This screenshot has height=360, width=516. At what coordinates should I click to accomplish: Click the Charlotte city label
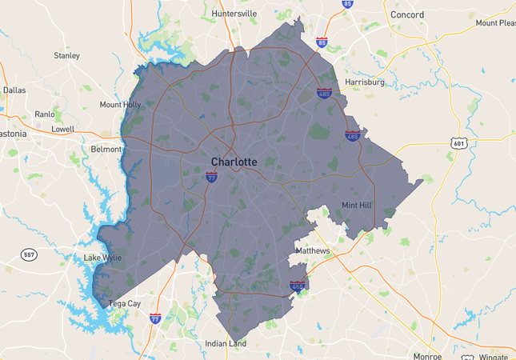[234, 162]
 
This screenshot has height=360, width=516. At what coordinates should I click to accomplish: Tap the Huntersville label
[234, 14]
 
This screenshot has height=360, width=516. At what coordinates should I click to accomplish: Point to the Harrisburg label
[365, 82]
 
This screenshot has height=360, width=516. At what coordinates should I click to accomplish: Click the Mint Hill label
[357, 206]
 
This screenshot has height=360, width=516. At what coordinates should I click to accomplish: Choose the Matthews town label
[312, 250]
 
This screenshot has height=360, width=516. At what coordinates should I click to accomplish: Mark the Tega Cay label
[124, 303]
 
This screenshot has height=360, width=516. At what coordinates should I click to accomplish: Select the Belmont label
[106, 150]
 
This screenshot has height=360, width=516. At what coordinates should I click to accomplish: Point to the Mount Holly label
[120, 105]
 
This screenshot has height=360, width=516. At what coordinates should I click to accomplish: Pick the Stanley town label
[66, 56]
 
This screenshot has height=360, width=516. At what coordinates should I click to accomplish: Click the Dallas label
[14, 90]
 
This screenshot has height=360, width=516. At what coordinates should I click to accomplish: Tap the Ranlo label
[45, 114]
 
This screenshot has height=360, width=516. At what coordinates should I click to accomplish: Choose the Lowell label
[62, 129]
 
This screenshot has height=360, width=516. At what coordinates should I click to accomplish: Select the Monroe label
[428, 356]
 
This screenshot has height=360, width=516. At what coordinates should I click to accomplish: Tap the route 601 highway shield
[458, 143]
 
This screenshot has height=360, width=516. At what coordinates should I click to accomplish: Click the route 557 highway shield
[29, 254]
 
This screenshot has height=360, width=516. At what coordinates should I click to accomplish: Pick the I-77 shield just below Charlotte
[211, 178]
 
